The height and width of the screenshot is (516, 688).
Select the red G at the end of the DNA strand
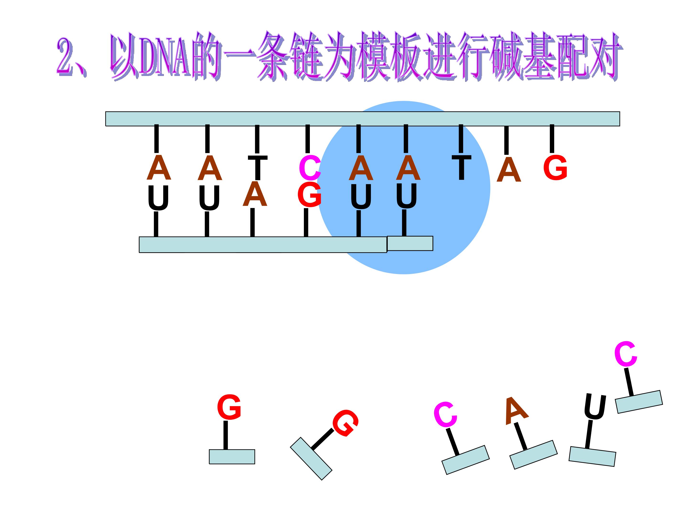(x=555, y=168)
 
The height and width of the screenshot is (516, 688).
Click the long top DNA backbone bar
(x=363, y=119)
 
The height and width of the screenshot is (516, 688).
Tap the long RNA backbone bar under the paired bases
(x=263, y=245)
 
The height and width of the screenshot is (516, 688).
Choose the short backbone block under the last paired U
(x=410, y=243)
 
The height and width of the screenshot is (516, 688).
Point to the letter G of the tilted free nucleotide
(x=345, y=423)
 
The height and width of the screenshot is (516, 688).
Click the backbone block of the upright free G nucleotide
(x=232, y=457)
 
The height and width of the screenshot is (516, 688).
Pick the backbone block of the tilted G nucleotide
(x=311, y=459)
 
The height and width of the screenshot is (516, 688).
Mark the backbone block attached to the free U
(x=592, y=457)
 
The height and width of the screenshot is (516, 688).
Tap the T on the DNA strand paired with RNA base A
(x=258, y=167)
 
